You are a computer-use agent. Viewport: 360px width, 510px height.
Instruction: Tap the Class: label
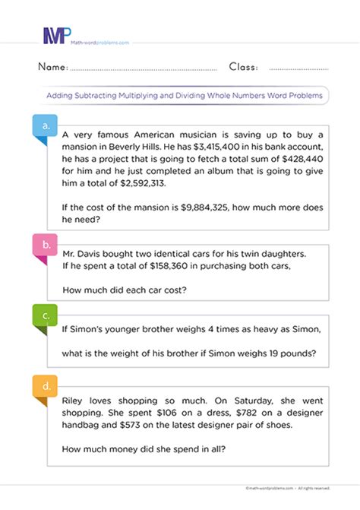pyautogui.click(x=243, y=67)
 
